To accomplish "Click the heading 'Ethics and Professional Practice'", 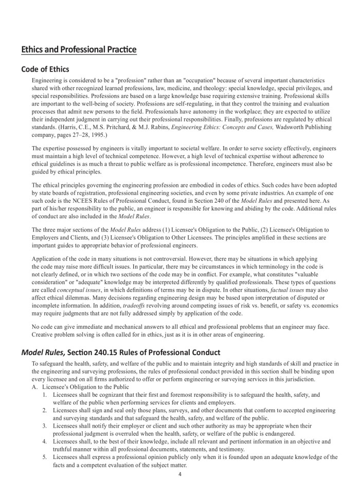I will (x=79, y=50).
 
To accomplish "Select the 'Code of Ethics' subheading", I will (x=45, y=69).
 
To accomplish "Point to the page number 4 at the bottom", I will (x=180, y=474).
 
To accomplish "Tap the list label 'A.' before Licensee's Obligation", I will (x=35, y=386).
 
